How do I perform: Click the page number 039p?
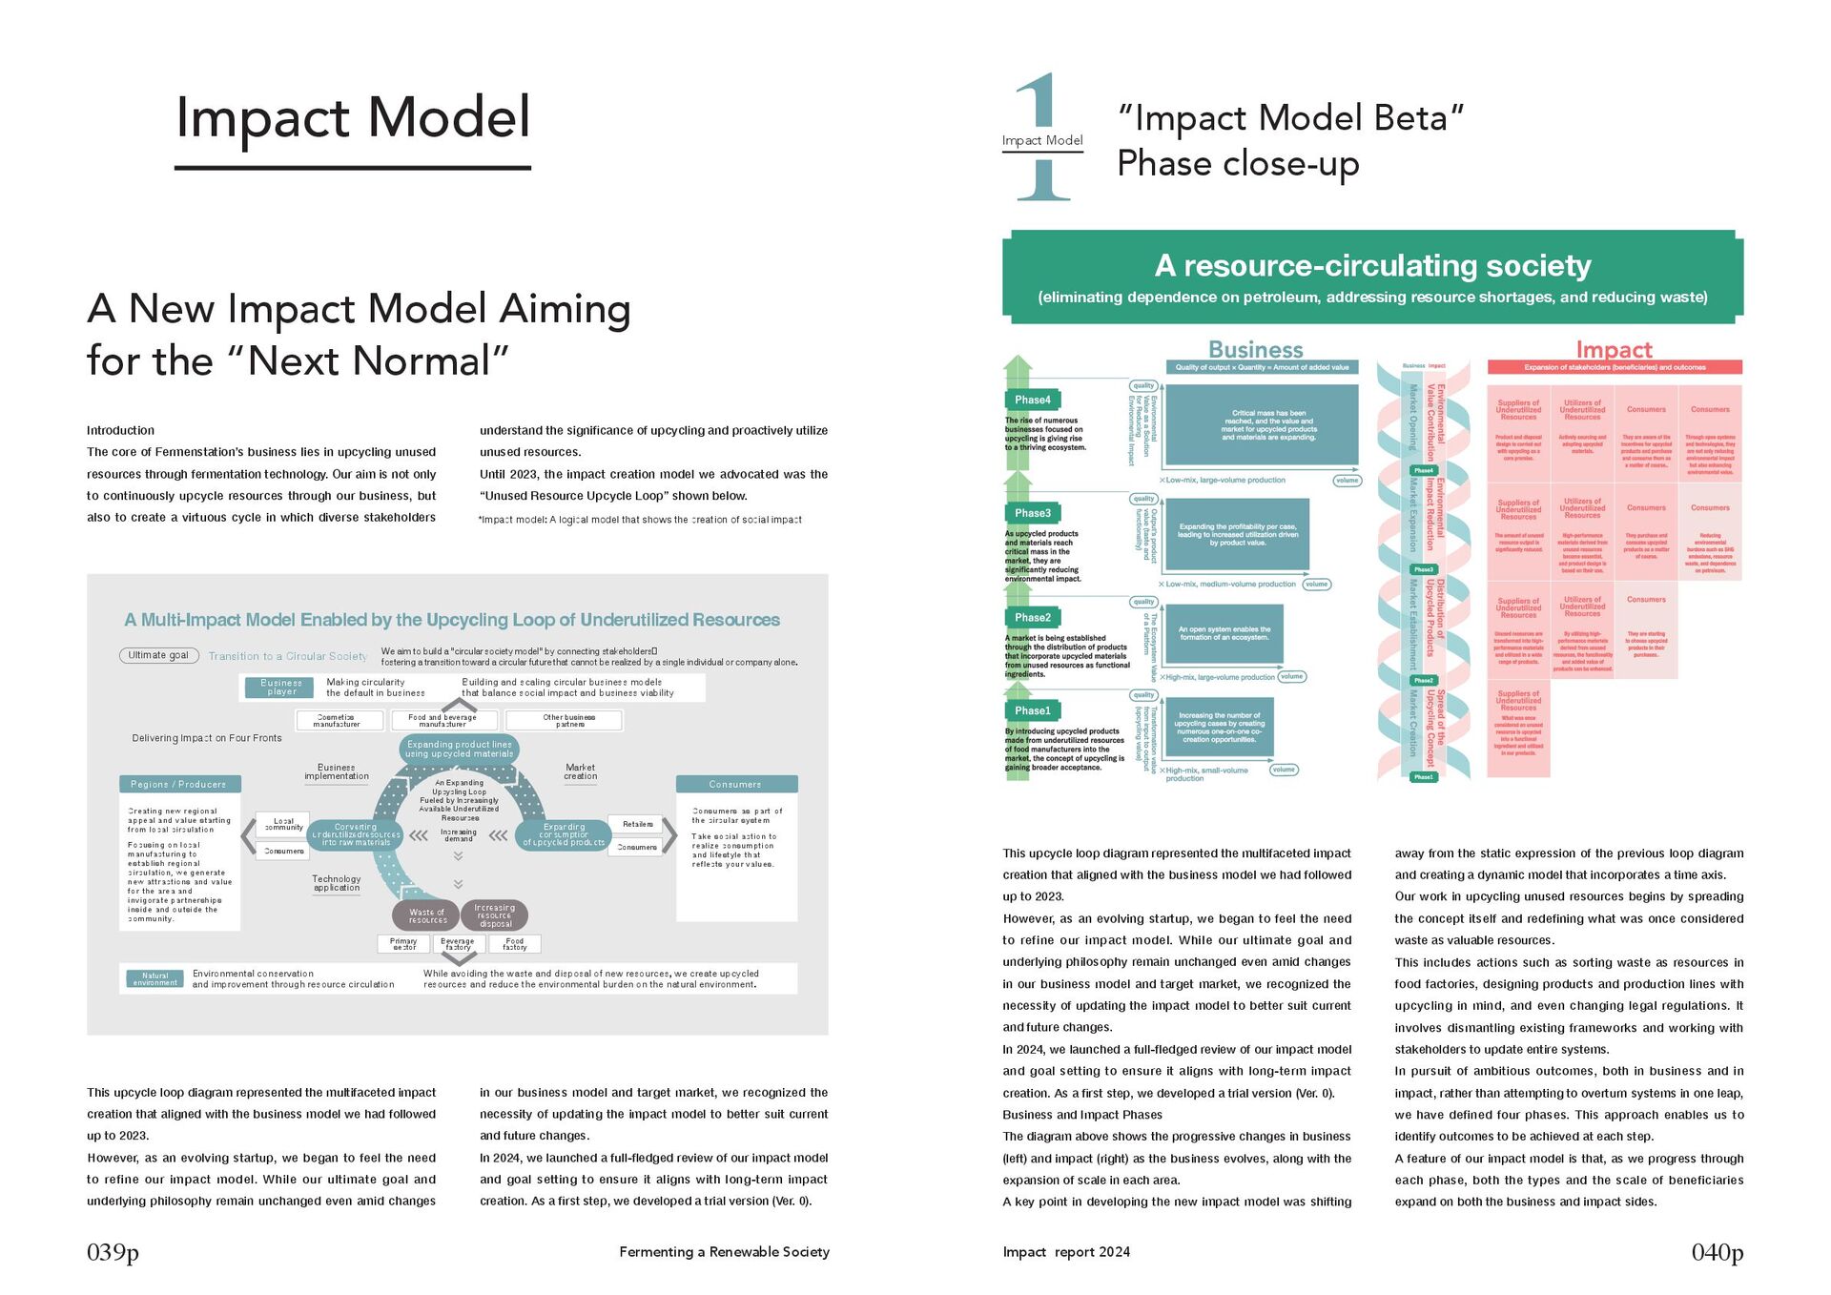click(113, 1252)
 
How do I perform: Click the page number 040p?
click(1717, 1252)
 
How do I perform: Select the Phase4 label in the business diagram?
click(1033, 400)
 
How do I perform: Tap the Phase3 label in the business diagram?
click(1033, 513)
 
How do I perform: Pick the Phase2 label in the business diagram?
click(1033, 617)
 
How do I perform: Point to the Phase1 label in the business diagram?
click(1033, 710)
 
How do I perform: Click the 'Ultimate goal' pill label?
click(158, 655)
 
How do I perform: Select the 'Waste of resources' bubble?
click(427, 916)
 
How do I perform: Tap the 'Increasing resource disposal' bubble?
click(495, 915)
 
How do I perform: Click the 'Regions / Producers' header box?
click(179, 784)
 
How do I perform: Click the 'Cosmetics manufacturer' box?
click(337, 721)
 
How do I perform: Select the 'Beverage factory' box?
click(458, 944)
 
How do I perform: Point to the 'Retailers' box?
click(637, 824)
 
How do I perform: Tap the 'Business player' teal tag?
click(281, 688)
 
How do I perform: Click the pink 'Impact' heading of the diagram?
click(1614, 350)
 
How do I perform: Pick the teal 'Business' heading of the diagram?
click(1255, 350)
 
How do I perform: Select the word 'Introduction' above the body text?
click(120, 430)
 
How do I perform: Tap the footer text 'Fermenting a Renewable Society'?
click(724, 1252)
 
